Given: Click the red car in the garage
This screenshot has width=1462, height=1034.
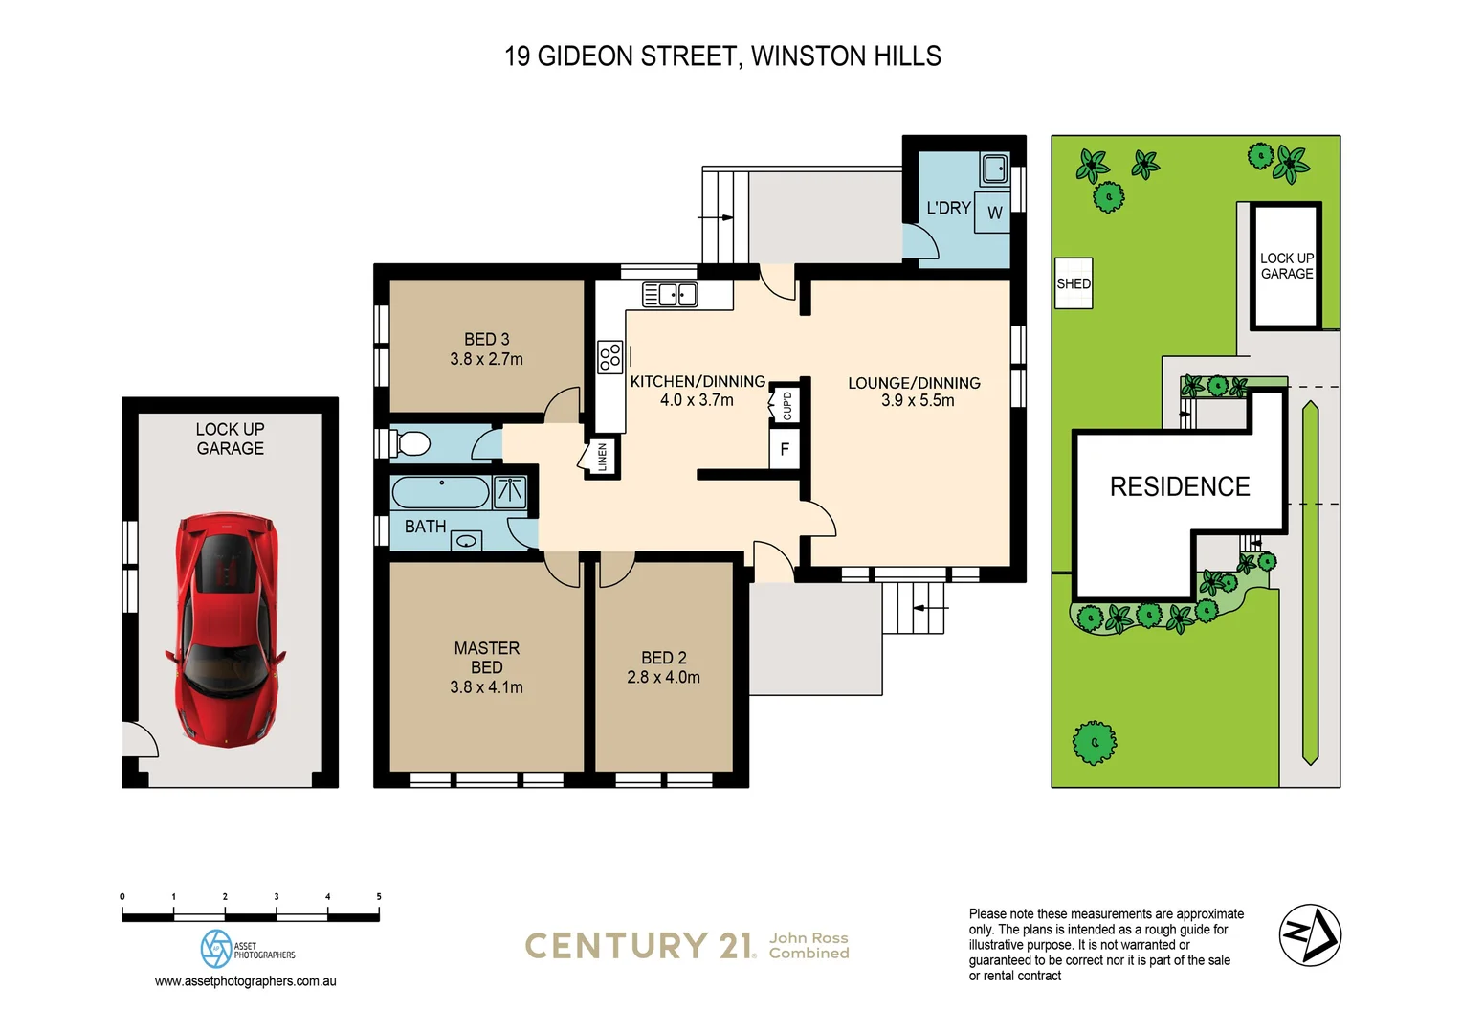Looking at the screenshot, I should coord(227,629).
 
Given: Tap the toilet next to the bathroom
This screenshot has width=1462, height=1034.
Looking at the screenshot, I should coord(410,443).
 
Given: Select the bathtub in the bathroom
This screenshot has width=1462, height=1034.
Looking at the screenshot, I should coord(440,492).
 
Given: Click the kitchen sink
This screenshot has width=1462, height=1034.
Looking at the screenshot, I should coord(670,295).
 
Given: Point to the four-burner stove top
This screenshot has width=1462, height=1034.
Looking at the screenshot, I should coord(609,357).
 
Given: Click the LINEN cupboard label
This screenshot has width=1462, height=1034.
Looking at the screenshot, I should coord(602,457).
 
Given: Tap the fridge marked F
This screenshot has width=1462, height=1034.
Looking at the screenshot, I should coord(785,449).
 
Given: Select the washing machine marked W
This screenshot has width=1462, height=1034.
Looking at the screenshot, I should coord(994,213).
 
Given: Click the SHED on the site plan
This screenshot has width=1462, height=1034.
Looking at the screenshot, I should coord(1073,283).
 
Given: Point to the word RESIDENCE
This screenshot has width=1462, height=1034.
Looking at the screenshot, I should coord(1179,486).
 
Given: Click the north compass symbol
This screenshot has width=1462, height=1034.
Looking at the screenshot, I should coord(1310,934).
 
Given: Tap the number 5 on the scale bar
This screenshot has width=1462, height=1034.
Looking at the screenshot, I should coord(379,897).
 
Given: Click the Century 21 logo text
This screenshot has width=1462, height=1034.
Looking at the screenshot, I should coord(639,946).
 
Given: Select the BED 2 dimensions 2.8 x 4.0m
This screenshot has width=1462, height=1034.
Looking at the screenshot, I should coord(663,678).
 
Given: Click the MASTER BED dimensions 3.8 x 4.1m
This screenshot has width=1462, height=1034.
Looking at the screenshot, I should coord(486,687).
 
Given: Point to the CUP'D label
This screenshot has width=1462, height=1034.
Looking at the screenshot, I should coord(786,404).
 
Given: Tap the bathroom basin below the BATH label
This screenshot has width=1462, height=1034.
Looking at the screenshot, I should coord(467,541).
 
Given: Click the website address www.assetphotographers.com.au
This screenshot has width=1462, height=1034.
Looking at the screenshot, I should coord(246,981).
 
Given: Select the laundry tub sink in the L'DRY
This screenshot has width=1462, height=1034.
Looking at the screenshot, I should coord(994,169).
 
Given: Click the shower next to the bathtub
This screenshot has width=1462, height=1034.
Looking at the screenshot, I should coord(509,492).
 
